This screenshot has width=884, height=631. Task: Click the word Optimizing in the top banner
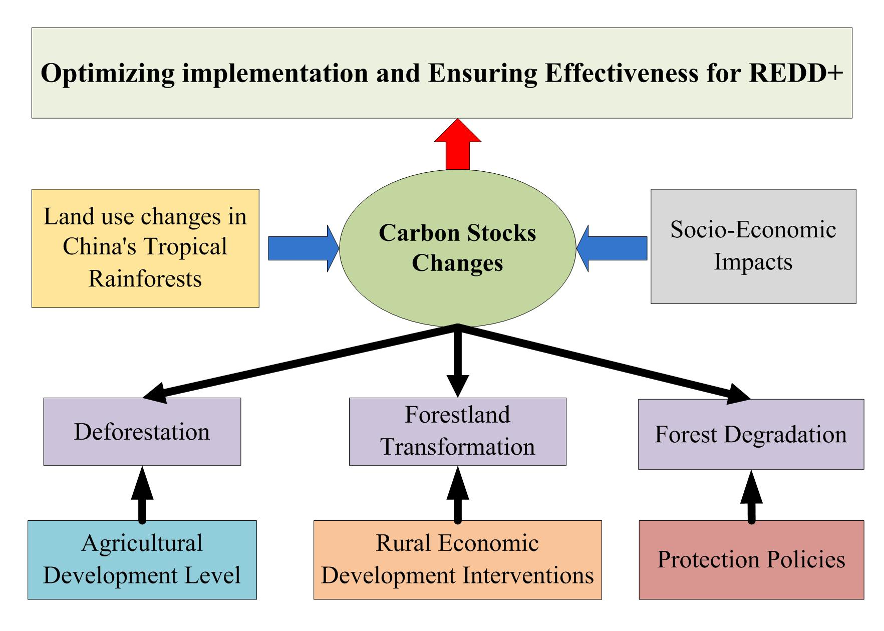[x=108, y=73]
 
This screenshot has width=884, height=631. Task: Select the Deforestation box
[x=142, y=432]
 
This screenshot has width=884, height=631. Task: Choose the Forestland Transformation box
[x=457, y=431]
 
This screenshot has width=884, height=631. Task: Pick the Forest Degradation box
[x=750, y=434]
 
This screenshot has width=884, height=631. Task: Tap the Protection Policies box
[x=751, y=559]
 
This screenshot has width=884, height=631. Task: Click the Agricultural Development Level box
[x=142, y=559]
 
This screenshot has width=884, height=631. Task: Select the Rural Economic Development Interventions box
[x=457, y=559]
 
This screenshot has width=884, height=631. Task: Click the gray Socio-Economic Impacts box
[x=753, y=246]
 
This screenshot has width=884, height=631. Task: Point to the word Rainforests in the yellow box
[x=145, y=278]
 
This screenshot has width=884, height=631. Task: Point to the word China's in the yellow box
[x=98, y=247]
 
